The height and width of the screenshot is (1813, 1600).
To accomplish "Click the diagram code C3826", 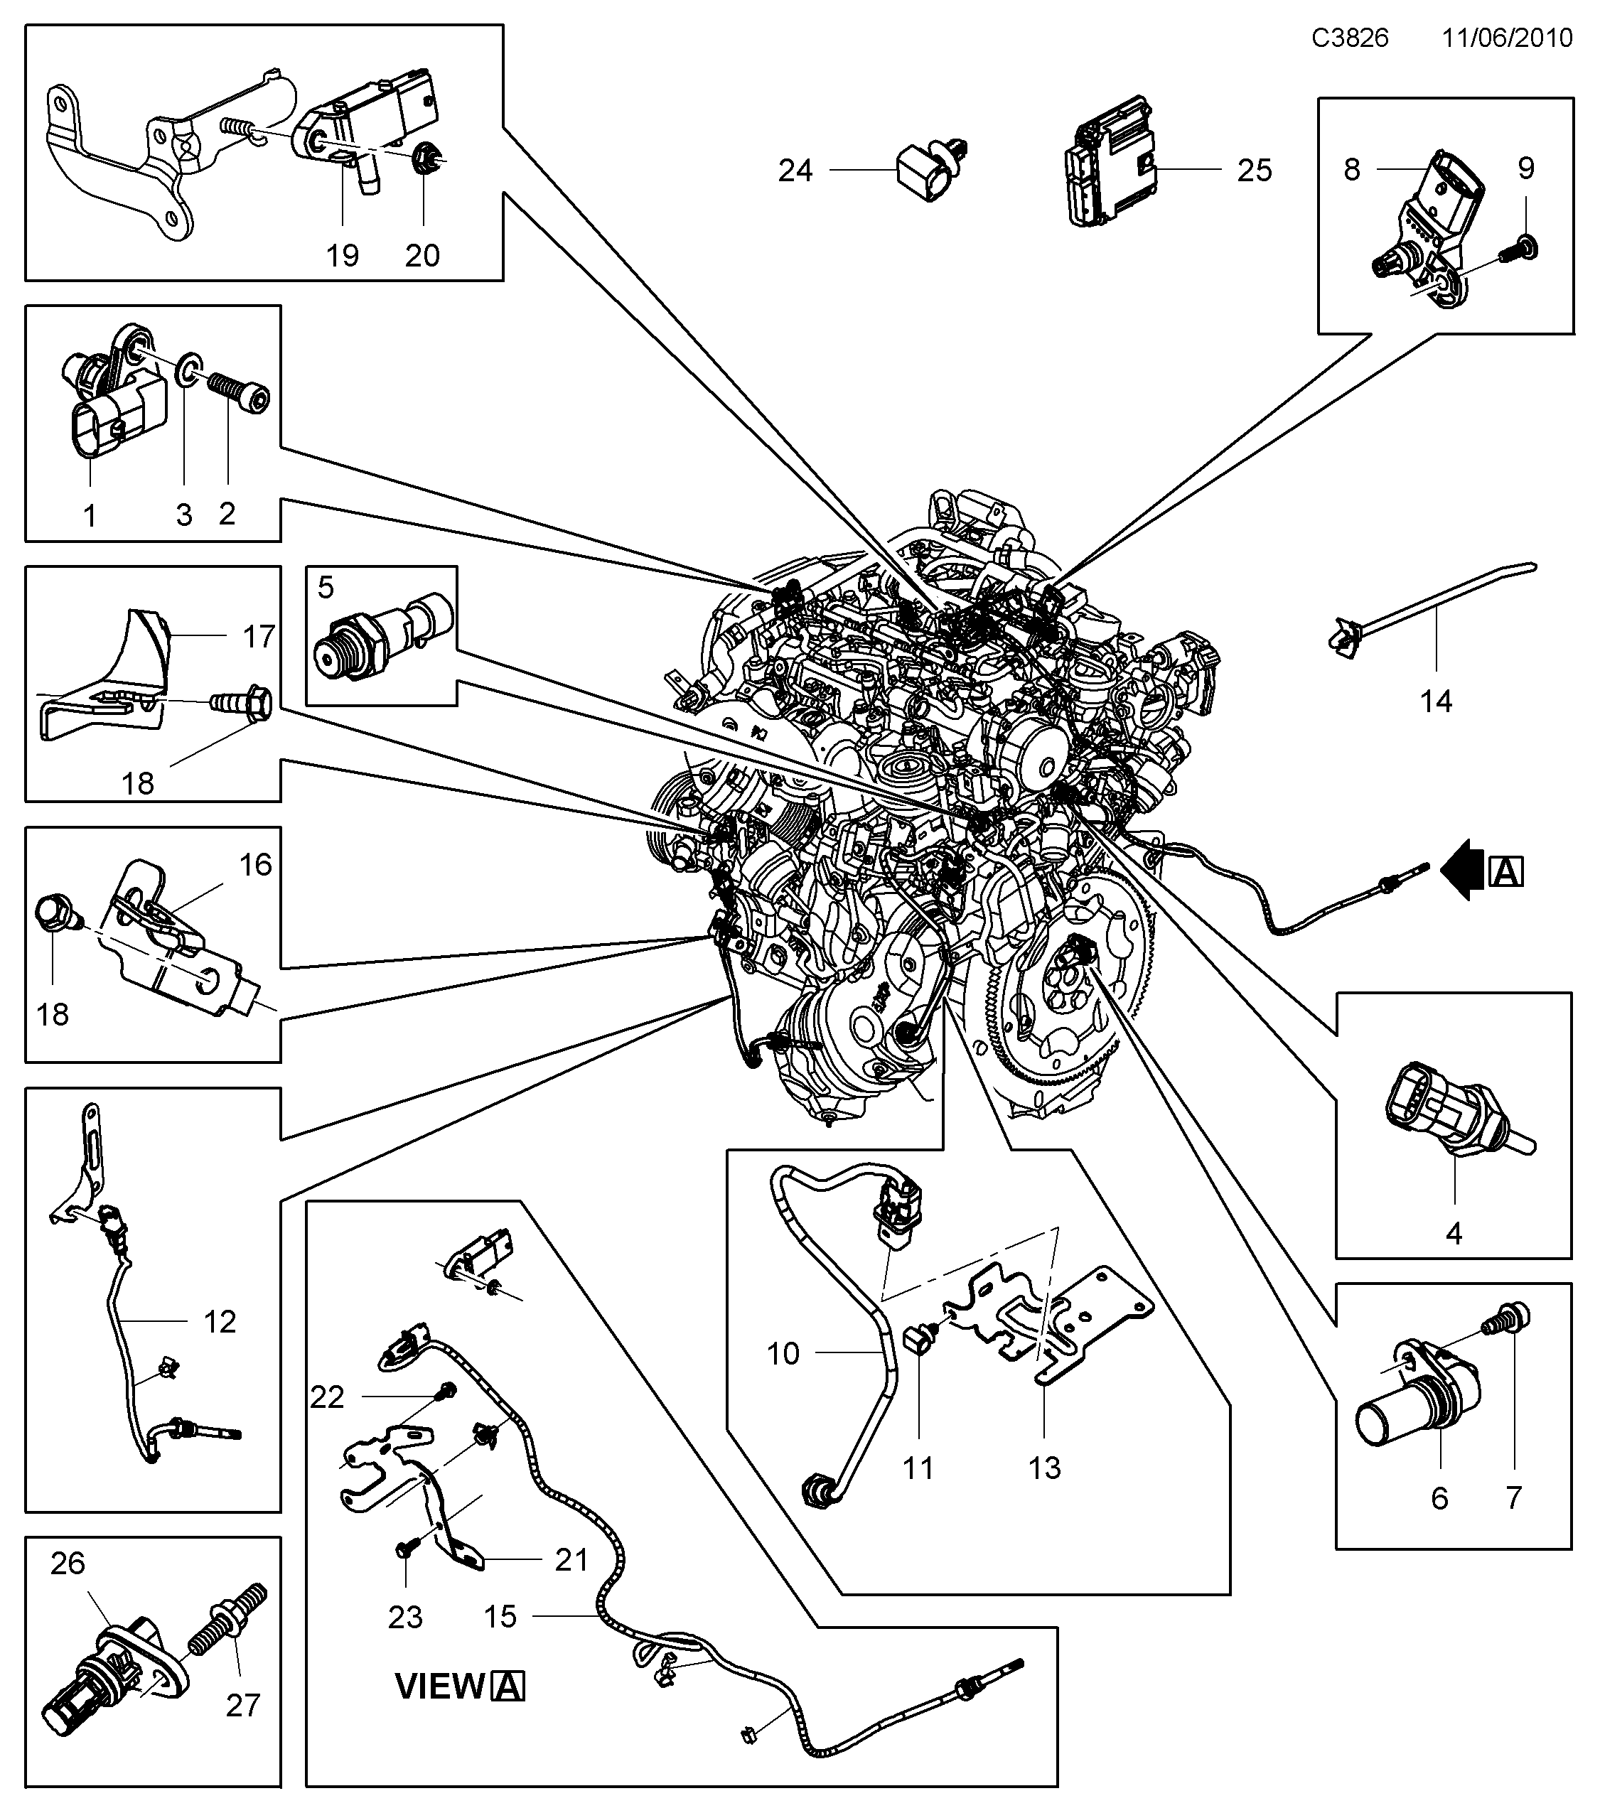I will pyautogui.click(x=1350, y=38).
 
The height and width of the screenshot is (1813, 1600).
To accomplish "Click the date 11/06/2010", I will pyautogui.click(x=1507, y=38).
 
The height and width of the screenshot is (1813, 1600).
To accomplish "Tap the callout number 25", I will pyautogui.click(x=1254, y=171).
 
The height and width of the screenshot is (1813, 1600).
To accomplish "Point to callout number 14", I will pyautogui.click(x=1436, y=701).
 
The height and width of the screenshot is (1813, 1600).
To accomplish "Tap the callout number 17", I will pyautogui.click(x=259, y=637).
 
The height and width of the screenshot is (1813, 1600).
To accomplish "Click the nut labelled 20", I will pyautogui.click(x=423, y=161).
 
